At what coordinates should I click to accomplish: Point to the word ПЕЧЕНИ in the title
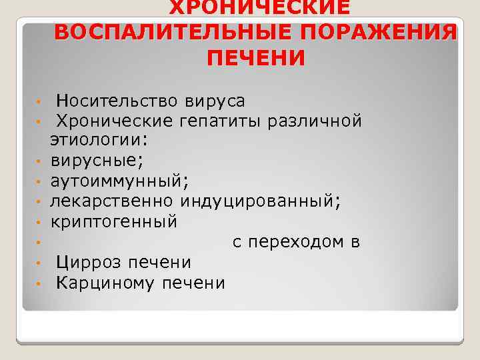(256, 58)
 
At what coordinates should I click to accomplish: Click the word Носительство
(117, 101)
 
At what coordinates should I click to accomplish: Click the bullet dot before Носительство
(40, 102)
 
